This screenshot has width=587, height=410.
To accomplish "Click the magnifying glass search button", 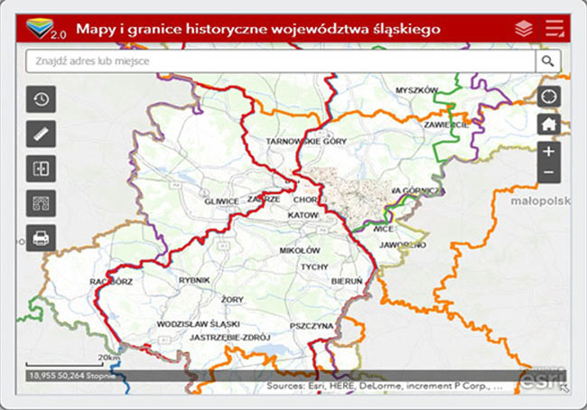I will pos(547,61).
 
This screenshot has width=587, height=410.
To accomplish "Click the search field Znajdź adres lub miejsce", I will pos(280,61).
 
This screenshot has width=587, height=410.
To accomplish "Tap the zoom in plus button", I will pos(549,152).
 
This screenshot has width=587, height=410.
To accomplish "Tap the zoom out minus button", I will pos(549,172).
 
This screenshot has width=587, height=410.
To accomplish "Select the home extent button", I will pos(549,125).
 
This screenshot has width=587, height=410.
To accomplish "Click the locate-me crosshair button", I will pos(549,97).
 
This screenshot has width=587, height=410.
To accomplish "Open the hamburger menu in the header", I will pos(554,28).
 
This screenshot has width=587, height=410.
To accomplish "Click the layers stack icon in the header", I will pos(524,29).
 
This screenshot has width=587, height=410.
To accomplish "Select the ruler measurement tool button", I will pos(42,134).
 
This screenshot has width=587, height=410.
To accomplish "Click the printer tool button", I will pos(42,238).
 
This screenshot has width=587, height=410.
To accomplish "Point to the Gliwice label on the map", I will pos(222,201).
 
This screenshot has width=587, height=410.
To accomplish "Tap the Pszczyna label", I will pos(312,325).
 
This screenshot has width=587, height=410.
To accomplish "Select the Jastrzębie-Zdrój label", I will pos(231,337).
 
